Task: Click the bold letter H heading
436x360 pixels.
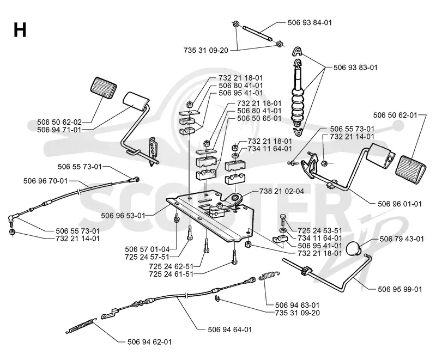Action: coord(20,30)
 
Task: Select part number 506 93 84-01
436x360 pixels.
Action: coord(310,22)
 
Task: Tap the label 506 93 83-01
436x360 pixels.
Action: coord(355,68)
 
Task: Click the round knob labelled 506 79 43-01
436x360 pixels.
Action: coord(353,248)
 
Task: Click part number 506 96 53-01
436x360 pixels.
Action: coord(123,216)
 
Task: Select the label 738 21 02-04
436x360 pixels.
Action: coord(281,191)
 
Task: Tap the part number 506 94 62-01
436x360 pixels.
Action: coord(149,341)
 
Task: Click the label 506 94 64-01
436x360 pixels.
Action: coord(230,330)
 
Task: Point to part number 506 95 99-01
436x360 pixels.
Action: coord(400,289)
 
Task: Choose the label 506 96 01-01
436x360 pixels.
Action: coord(399,204)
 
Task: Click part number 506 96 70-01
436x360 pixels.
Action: coord(46,181)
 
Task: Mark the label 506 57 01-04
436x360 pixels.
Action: coord(147,249)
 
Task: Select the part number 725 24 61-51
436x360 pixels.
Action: coord(171,274)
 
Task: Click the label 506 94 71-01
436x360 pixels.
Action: coord(59,130)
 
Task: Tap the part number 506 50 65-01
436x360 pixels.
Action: coord(259,118)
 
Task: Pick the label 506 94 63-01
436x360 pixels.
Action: coord(297,305)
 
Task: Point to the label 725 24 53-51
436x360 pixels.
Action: coord(320,230)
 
